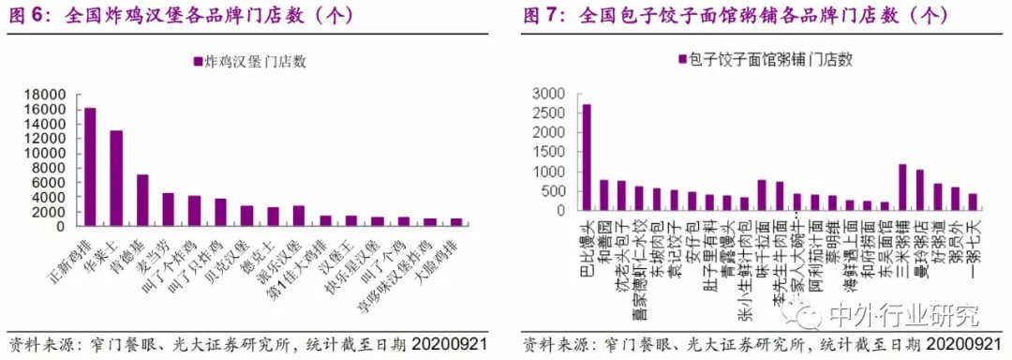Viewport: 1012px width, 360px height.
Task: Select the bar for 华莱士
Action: [x=116, y=178]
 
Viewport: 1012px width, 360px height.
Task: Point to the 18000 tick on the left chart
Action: [x=46, y=95]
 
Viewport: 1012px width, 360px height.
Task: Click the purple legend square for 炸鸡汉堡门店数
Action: [x=197, y=63]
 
